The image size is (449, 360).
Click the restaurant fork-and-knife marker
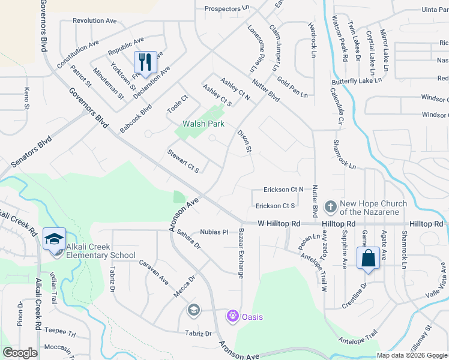pyautogui.click(x=145, y=62)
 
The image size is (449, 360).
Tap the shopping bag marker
pyautogui.click(x=367, y=259)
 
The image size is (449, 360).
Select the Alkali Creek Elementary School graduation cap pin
pyautogui.click(x=54, y=238)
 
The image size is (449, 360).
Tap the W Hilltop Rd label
pyautogui.click(x=279, y=223)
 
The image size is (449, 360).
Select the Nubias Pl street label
pyautogui.click(x=214, y=232)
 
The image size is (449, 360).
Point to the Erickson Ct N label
pyautogui.click(x=283, y=190)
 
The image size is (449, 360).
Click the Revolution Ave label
pyautogui.click(x=95, y=20)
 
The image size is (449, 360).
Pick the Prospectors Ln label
pyautogui.click(x=226, y=8)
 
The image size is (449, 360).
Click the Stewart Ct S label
pyautogui.click(x=183, y=161)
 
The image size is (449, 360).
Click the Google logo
pyautogui.click(x=20, y=353)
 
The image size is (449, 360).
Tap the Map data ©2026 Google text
pyautogui.click(x=411, y=355)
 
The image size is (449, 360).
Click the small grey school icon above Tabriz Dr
pyautogui.click(x=193, y=310)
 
